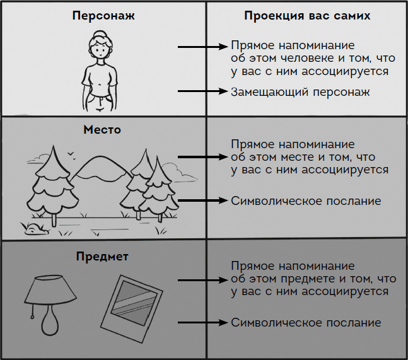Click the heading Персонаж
click(102, 15)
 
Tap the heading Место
click(102, 130)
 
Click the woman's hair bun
click(100, 35)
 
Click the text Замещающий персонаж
click(300, 92)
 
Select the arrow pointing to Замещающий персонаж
click(202, 92)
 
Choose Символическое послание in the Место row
click(306, 201)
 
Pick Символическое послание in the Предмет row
click(306, 323)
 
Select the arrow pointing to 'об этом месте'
click(202, 156)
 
